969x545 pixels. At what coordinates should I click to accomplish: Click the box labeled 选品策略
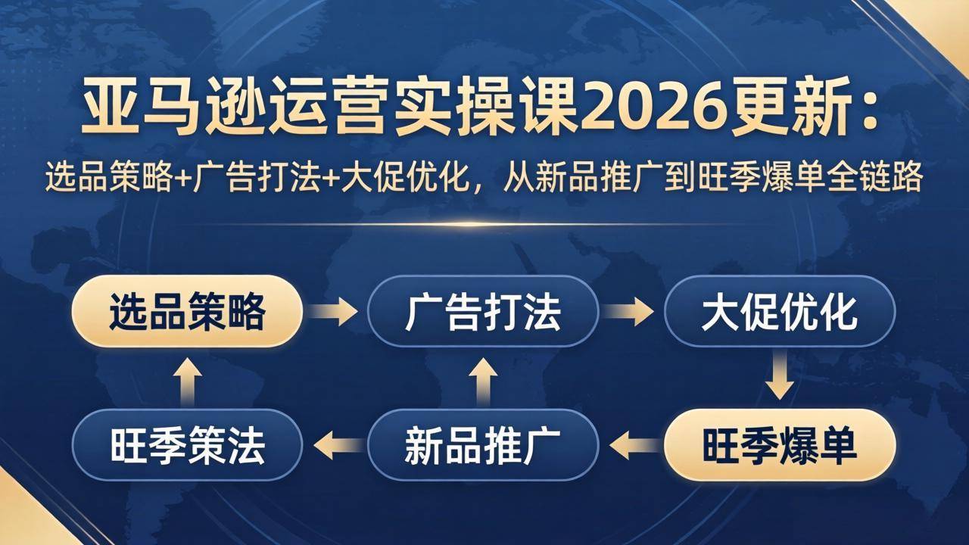coord(187,311)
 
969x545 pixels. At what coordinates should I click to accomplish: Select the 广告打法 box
coord(483,311)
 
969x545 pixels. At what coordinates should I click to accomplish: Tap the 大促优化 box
coord(779,311)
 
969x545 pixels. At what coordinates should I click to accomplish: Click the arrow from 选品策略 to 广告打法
coord(335,311)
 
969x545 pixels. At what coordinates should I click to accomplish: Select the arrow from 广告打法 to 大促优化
coord(630,311)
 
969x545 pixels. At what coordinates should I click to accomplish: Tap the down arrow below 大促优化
coord(779,378)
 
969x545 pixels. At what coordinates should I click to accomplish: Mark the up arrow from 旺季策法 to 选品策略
coord(187,378)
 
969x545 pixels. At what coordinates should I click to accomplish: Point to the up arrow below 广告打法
coord(483,378)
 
